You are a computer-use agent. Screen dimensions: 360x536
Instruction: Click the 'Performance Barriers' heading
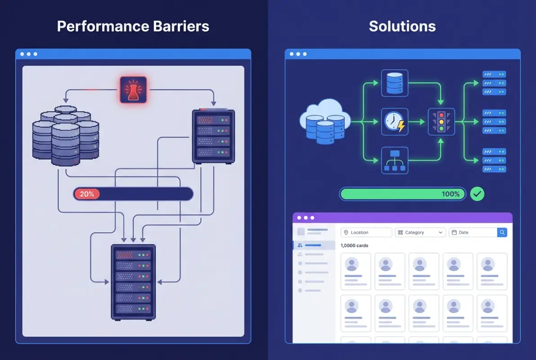click(133, 26)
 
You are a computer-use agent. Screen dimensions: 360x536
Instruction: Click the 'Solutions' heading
click(402, 26)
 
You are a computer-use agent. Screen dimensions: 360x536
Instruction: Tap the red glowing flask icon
click(133, 90)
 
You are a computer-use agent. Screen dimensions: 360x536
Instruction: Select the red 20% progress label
click(87, 194)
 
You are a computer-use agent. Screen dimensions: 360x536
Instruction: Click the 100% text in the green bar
click(451, 194)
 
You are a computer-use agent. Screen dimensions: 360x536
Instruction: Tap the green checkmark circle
click(477, 194)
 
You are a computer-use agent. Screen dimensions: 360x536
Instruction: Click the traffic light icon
click(441, 121)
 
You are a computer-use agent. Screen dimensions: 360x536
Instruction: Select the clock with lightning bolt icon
click(395, 121)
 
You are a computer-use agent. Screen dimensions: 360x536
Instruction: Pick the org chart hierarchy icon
click(395, 160)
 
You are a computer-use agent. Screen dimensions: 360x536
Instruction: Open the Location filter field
click(366, 232)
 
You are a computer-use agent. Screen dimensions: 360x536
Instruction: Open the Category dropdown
click(420, 232)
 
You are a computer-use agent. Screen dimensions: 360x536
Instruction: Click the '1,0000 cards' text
click(354, 246)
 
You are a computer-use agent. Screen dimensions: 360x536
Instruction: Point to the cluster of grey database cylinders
click(66, 135)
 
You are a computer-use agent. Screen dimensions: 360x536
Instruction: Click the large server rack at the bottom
click(134, 282)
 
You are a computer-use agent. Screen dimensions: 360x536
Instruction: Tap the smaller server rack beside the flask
click(213, 135)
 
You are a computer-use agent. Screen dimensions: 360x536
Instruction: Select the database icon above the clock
click(395, 83)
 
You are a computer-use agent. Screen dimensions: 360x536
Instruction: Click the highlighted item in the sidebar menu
click(313, 245)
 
